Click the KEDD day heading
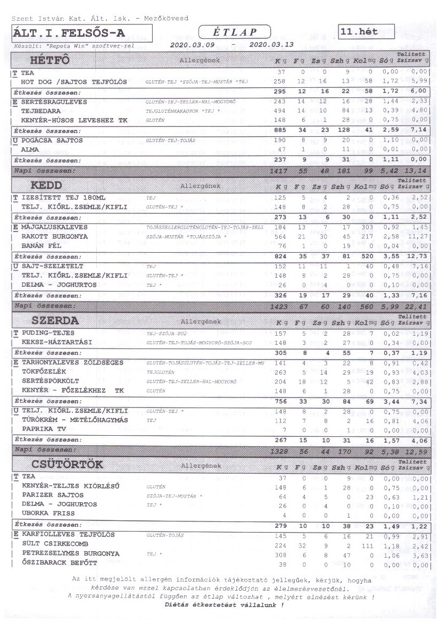(46, 186)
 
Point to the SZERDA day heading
(55, 321)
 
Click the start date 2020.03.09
(192, 45)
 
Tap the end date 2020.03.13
(271, 45)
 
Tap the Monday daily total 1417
(278, 171)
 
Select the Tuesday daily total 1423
(278, 306)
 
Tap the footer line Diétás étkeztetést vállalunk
(223, 605)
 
